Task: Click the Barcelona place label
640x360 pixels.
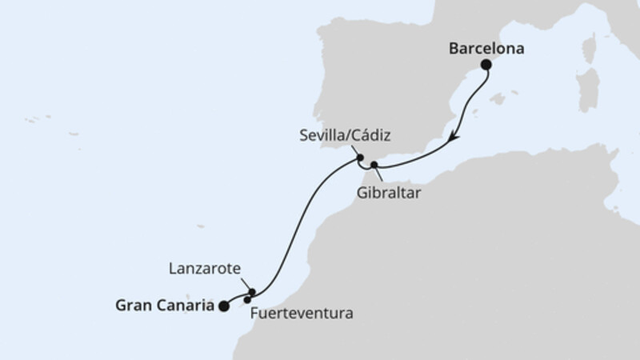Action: (486, 49)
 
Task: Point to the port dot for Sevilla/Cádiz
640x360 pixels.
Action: (360, 157)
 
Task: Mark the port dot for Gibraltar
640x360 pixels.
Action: (374, 165)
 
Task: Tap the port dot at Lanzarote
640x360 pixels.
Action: (252, 292)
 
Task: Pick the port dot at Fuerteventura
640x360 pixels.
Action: (247, 300)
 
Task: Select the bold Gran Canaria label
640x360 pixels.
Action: (166, 305)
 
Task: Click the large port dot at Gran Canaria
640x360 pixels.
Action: (223, 305)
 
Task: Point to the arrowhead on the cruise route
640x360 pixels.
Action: (453, 137)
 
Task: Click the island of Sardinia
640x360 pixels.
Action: (590, 84)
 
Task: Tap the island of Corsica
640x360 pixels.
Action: (590, 48)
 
